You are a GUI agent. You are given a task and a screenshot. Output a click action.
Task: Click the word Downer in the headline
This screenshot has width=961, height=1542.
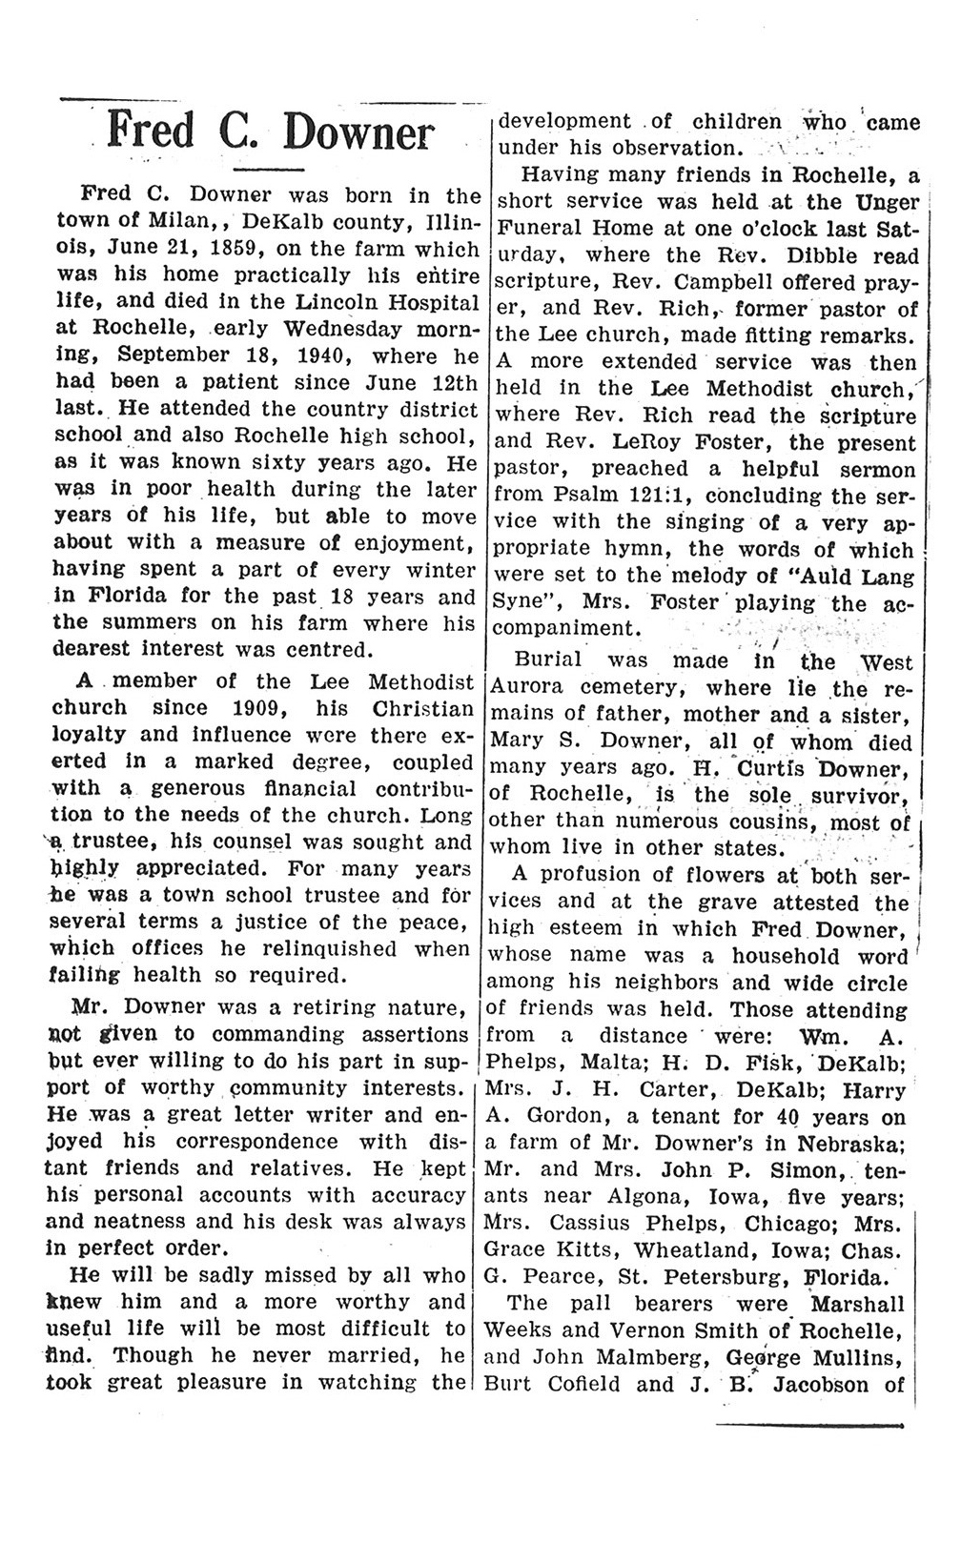[360, 132]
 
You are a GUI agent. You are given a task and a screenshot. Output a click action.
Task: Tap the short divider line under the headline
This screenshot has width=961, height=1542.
[268, 170]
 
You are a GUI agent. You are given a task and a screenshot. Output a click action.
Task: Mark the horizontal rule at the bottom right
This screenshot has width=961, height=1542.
[808, 1426]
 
